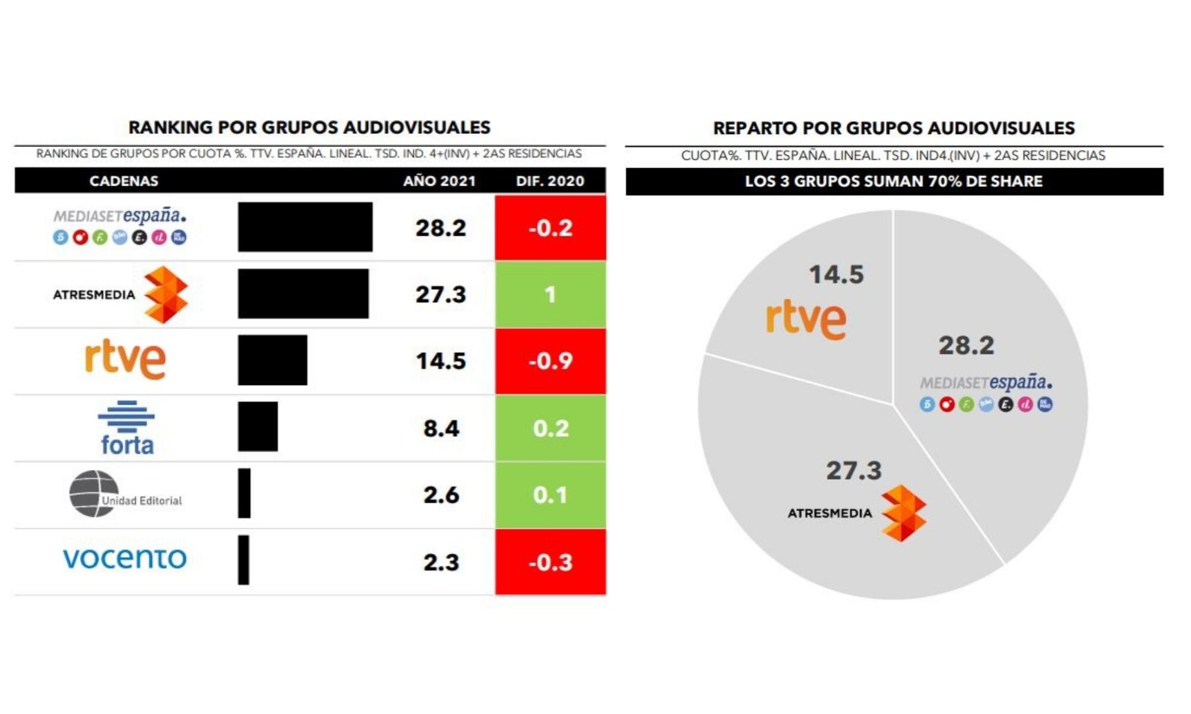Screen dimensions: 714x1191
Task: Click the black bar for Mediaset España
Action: coord(305,227)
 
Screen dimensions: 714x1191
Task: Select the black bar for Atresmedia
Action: coord(303,293)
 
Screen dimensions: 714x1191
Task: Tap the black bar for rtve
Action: coord(273,360)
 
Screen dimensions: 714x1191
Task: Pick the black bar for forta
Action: coord(258,427)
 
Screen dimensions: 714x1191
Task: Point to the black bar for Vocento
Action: coord(244,560)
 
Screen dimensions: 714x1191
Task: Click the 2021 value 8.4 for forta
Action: coord(441,428)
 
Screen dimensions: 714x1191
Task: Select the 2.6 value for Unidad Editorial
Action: coord(441,495)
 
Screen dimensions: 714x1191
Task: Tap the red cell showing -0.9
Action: coord(550,361)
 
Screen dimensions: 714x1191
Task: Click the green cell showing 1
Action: coord(550,294)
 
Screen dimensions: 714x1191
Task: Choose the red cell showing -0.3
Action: coord(550,562)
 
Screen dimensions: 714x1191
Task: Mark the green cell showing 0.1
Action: coord(550,495)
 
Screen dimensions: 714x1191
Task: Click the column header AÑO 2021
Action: coord(439,181)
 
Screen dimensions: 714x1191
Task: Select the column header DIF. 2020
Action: coord(550,181)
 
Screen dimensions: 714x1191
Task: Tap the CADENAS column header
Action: coord(124,181)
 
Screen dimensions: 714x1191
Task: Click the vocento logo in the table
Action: coord(124,558)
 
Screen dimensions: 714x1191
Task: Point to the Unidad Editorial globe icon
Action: coord(93,494)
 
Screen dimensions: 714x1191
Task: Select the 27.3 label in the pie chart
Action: coord(853,471)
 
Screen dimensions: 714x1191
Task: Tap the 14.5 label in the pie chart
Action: coord(836,274)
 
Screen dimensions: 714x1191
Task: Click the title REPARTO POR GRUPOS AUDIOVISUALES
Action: coord(894,128)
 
